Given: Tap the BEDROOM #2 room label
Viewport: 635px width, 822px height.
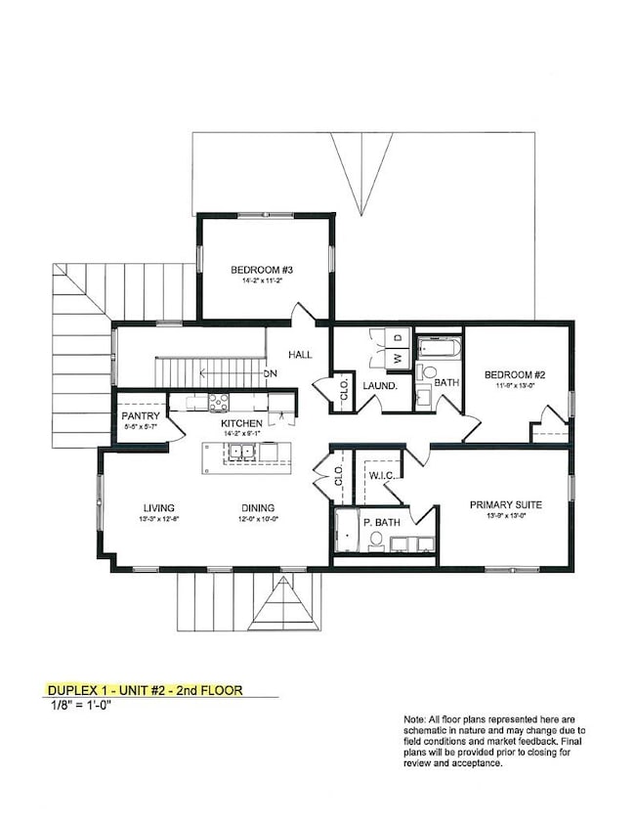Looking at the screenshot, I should (x=512, y=374).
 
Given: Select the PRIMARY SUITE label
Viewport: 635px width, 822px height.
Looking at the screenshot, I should (x=505, y=504).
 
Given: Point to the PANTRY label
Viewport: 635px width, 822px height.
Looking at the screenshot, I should (x=141, y=415).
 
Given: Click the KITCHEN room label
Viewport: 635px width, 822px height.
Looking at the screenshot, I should (x=241, y=422).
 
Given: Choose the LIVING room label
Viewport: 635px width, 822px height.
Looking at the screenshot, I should (x=157, y=507).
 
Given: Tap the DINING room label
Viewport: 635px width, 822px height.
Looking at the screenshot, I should (x=259, y=507).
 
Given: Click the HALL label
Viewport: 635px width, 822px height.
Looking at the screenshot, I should (x=300, y=354).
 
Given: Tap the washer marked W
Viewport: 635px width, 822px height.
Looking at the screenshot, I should (x=398, y=358).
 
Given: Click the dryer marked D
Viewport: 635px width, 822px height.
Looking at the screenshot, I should (x=398, y=338).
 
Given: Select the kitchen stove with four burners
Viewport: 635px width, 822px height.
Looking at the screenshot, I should (x=218, y=401).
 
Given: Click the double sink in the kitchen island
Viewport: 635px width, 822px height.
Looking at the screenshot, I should (x=240, y=452).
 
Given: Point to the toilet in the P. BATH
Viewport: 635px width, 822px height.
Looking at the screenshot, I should (x=377, y=539).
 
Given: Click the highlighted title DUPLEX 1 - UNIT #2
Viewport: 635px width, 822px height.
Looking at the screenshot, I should (x=145, y=690).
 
